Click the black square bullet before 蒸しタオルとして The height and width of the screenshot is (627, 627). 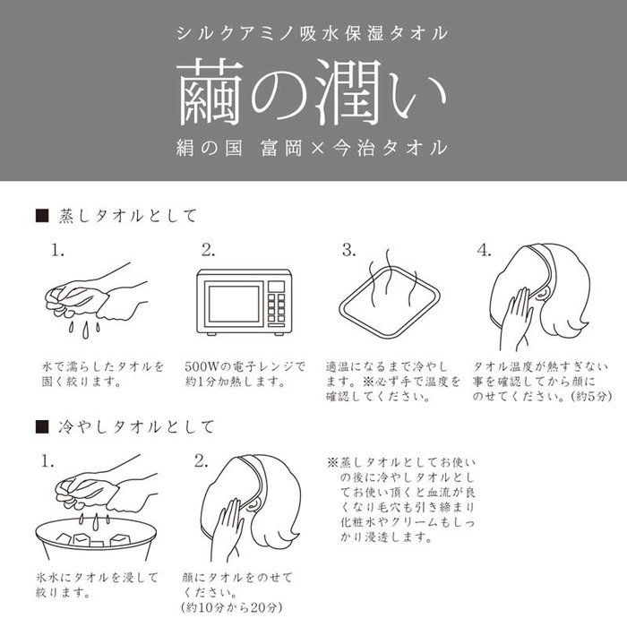pos(39,216)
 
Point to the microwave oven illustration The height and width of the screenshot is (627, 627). pos(242,303)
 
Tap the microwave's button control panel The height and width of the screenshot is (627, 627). pos(277,303)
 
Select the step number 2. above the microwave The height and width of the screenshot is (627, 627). pos(208,250)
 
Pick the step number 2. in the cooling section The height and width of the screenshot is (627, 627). pos(202,461)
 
